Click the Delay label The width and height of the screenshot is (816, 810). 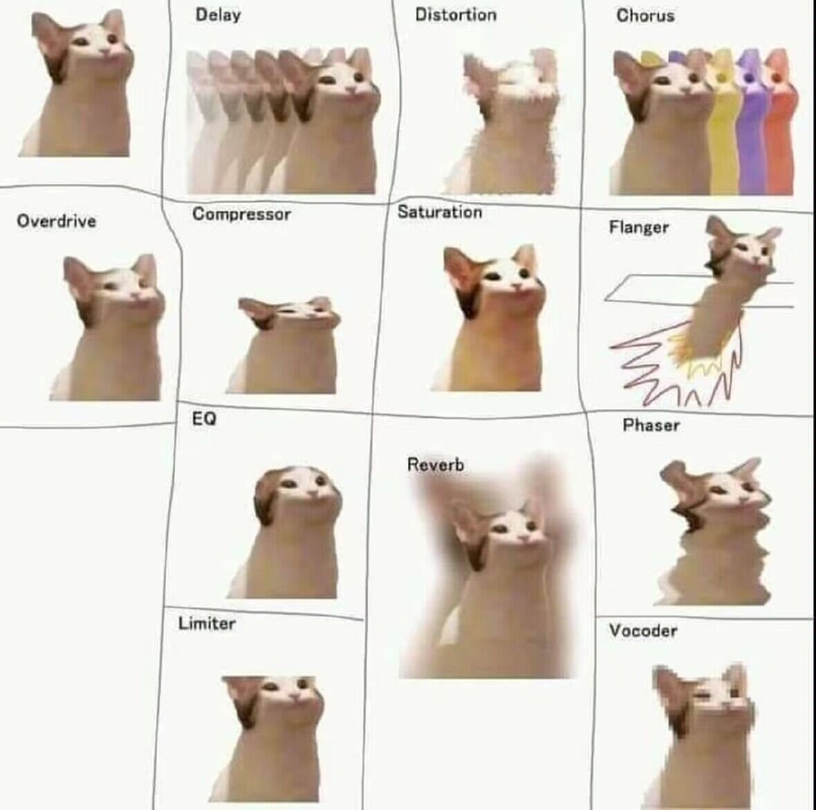218,14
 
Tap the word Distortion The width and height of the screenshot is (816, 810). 456,14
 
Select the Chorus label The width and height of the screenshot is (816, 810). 645,16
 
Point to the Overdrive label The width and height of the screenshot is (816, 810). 56,220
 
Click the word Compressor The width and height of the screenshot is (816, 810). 241,214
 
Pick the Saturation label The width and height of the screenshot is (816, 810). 440,212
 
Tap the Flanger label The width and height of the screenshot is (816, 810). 639,227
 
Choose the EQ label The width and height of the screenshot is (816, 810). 204,418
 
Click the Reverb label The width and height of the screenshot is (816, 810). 435,464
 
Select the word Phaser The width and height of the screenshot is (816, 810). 651,425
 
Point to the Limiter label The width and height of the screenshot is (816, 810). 207,623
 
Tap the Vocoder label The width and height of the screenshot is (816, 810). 643,631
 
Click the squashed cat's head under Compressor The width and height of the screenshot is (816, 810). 288,313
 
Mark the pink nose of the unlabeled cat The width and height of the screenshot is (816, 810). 104,51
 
